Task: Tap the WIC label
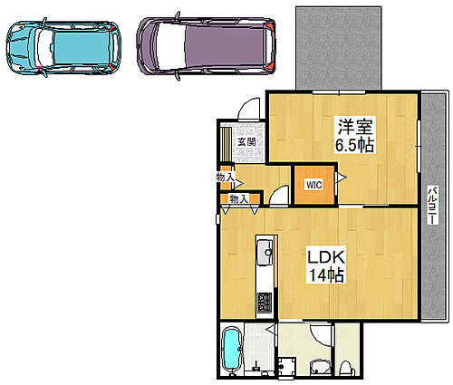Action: [x=313, y=185]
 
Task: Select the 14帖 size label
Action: [x=324, y=276]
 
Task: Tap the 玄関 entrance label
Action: [x=246, y=140]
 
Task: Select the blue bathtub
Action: [x=231, y=350]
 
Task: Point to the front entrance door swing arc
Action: [x=246, y=108]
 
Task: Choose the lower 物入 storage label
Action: [x=238, y=198]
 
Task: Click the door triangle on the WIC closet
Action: [x=340, y=179]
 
